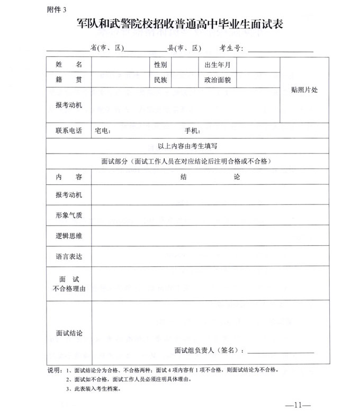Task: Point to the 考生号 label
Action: (232, 48)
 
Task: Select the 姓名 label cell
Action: (69, 65)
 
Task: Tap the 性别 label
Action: (160, 65)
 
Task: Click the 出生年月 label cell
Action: (217, 65)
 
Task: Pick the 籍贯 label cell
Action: (69, 80)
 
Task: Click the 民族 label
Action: (160, 80)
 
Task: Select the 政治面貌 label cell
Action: (217, 80)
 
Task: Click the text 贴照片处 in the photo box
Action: (304, 90)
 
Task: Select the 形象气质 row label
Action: (69, 215)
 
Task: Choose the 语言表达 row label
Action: (69, 256)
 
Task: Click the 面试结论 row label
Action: (69, 333)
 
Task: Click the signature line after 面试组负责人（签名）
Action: (281, 352)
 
